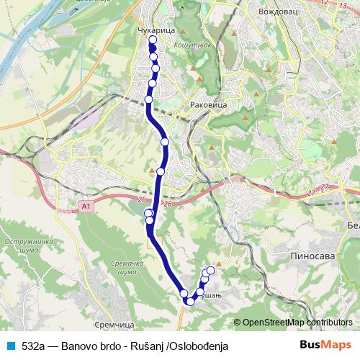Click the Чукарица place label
[x=152, y=31]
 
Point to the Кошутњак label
[x=189, y=45]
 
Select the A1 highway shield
[x=86, y=207]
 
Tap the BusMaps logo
[x=326, y=346]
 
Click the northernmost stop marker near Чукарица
[x=152, y=40]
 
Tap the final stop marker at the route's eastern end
[x=211, y=271]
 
